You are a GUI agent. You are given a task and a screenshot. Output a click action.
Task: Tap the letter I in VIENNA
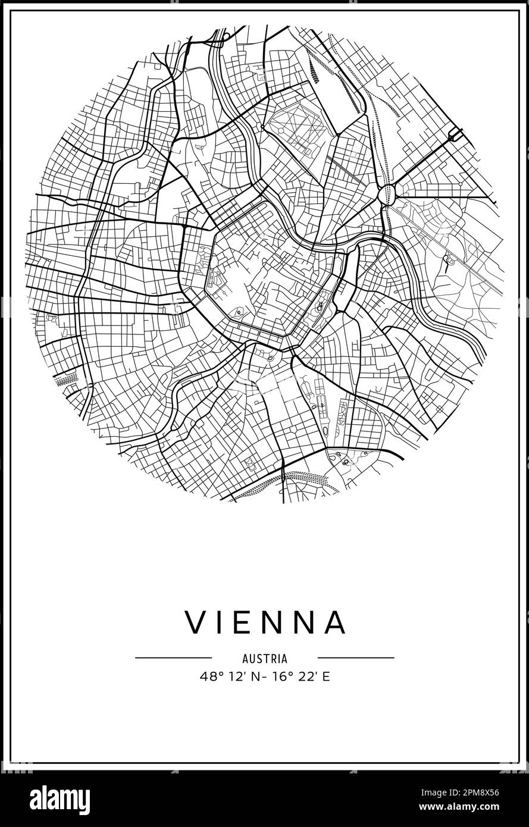click(x=221, y=622)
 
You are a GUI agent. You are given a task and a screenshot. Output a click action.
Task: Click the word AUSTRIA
click(x=265, y=659)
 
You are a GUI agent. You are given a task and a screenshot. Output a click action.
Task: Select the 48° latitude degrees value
click(x=209, y=676)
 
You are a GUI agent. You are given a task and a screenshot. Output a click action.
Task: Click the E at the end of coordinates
click(x=325, y=676)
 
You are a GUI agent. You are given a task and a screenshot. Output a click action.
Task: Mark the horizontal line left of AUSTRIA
click(x=173, y=658)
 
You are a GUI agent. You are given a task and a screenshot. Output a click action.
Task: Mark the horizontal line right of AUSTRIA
click(x=356, y=658)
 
